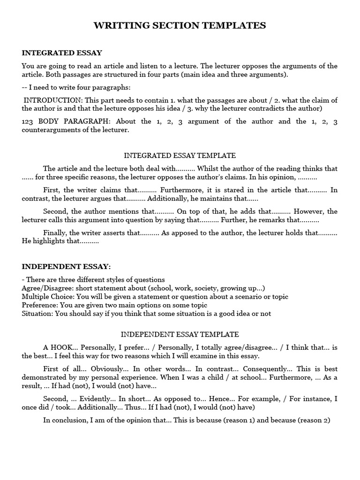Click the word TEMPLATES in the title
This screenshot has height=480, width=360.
pos(238,26)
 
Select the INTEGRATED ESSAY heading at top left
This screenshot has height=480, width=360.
pos(62,53)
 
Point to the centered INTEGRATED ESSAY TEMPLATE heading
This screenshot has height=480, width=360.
pos(180,155)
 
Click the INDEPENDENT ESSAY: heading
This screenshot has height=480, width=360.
pos(66,267)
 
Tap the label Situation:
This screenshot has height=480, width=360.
pos(37,314)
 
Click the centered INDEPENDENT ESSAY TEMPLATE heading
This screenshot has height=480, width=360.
pos(180,334)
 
